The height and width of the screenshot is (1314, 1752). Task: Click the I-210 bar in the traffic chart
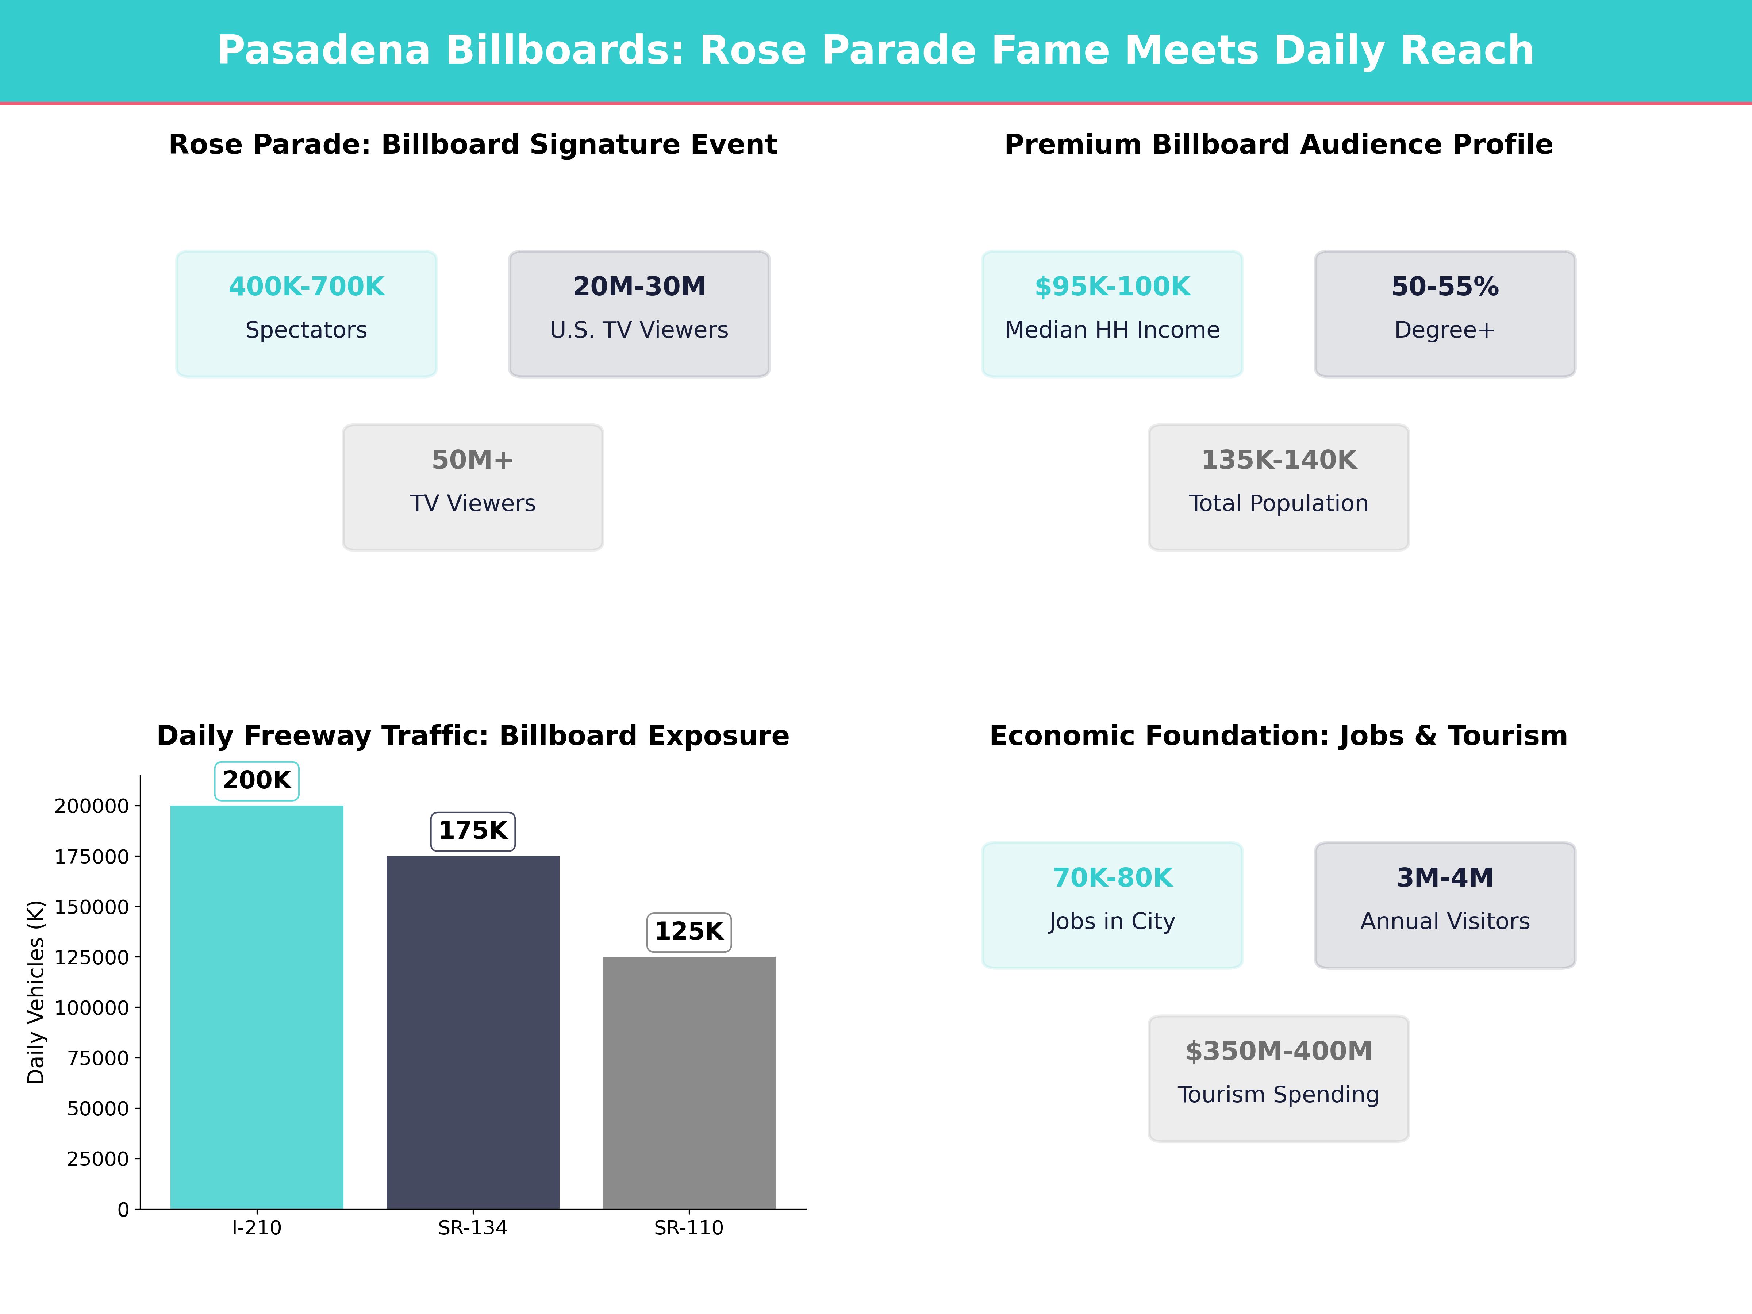(257, 1006)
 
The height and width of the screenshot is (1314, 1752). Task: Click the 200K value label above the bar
(257, 780)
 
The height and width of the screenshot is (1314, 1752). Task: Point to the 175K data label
(473, 831)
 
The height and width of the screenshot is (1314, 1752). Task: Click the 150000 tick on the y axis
(91, 907)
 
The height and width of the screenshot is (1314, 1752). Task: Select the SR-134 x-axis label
(473, 1227)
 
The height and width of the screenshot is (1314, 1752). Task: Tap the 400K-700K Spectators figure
(307, 287)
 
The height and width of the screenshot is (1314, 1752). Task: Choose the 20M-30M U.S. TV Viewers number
(639, 287)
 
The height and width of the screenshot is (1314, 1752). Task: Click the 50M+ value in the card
(473, 460)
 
